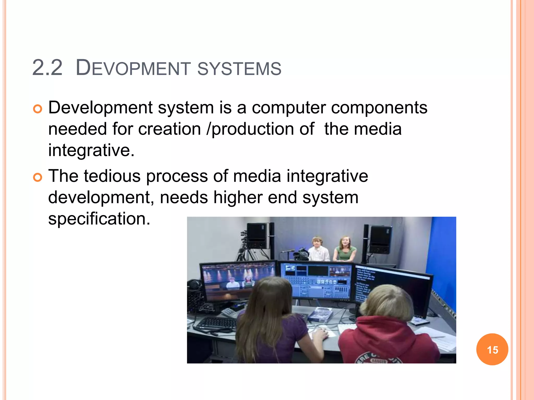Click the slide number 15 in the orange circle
(492, 350)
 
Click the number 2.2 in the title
(47, 68)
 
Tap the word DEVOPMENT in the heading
(133, 68)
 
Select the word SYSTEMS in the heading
(239, 69)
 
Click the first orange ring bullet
(38, 109)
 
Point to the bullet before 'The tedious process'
(38, 177)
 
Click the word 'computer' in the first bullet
(289, 108)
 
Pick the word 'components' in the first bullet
(379, 108)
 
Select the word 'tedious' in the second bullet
(112, 176)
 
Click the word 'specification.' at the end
(99, 219)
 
